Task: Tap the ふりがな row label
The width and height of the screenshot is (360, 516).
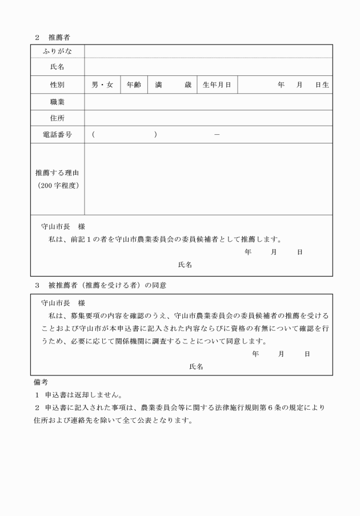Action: click(x=57, y=51)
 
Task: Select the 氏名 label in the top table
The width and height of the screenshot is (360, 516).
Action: click(x=57, y=67)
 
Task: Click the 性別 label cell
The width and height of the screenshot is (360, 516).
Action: click(x=57, y=85)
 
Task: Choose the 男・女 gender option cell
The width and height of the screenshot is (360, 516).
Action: click(x=102, y=85)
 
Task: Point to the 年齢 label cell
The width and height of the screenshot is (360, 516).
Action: click(x=134, y=85)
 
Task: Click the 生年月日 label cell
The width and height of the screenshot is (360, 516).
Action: click(x=217, y=85)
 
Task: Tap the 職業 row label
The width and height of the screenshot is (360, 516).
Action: click(x=57, y=102)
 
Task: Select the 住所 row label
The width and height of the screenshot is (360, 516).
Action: click(x=57, y=118)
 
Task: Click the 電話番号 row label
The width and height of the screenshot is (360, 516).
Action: click(x=57, y=135)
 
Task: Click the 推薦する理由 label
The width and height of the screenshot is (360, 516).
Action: click(x=57, y=172)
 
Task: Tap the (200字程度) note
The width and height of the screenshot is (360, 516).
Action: click(x=57, y=185)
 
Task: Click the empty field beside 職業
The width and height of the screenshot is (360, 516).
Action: click(x=209, y=102)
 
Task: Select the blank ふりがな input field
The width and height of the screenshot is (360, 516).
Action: click(x=209, y=51)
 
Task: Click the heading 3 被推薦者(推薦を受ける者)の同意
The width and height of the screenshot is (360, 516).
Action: click(x=101, y=284)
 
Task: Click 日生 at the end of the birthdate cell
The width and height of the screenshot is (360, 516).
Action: click(x=322, y=85)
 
